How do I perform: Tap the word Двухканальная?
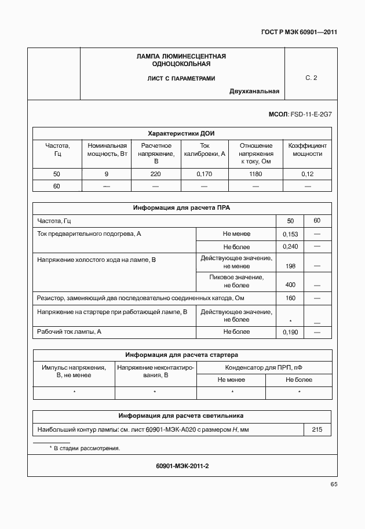(254, 91)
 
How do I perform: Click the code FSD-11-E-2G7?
(311, 115)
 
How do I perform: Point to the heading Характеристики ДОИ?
(181, 133)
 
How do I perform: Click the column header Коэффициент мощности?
(307, 149)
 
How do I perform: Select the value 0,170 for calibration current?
(204, 174)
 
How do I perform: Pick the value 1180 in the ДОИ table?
(256, 174)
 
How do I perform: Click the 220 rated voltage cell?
(155, 174)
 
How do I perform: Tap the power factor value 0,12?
(307, 174)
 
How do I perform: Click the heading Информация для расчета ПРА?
(181, 207)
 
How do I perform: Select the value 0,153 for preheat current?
(290, 234)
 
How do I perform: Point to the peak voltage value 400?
(290, 284)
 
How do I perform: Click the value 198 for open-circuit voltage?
(290, 266)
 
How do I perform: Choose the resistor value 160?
(290, 298)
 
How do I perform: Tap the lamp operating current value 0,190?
(290, 333)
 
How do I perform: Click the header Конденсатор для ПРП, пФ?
(264, 367)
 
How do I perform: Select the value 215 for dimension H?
(317, 429)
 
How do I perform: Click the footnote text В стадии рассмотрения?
(86, 448)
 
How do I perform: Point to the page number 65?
(334, 484)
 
